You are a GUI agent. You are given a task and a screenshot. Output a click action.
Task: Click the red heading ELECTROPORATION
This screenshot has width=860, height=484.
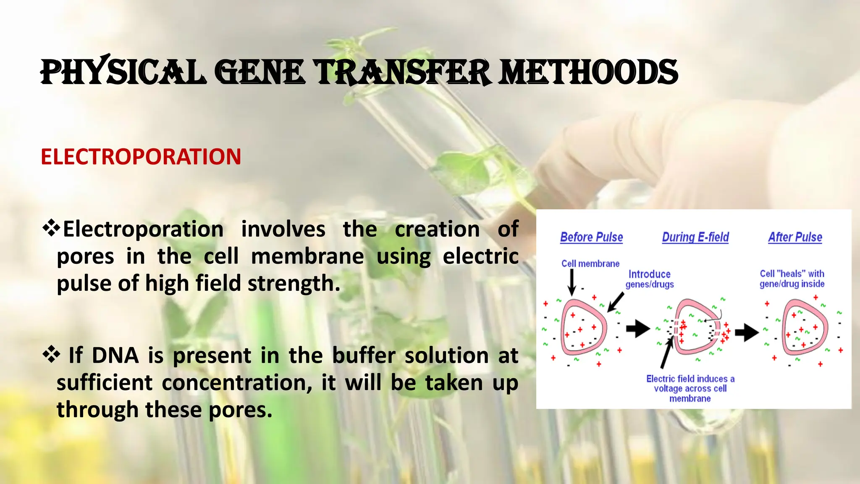[141, 157]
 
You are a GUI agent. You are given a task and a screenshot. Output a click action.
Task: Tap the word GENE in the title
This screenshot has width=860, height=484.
[260, 72]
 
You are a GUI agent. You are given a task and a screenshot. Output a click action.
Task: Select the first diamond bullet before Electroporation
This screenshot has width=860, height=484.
[51, 228]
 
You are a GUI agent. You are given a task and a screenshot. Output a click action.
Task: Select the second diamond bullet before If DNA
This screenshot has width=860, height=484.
[51, 354]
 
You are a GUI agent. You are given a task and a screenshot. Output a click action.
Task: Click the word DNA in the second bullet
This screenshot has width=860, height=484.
[115, 355]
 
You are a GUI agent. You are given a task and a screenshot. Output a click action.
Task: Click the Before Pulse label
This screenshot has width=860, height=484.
[591, 237]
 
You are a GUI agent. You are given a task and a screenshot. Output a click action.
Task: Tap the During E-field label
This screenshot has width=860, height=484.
[695, 237]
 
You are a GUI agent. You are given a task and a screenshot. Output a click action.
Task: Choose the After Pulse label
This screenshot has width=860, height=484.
[795, 237]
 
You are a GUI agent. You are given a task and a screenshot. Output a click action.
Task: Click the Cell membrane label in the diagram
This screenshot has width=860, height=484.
[590, 263]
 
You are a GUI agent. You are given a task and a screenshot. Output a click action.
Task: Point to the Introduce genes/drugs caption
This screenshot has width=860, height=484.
[649, 279]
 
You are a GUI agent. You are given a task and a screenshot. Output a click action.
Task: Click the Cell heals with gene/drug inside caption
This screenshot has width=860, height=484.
[792, 279]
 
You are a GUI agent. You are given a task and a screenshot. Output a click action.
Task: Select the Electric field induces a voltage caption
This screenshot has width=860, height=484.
[690, 388]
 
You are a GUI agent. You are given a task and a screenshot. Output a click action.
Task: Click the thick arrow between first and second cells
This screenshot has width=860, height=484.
[637, 329]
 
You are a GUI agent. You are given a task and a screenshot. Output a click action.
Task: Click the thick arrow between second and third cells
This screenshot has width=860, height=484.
[746, 332]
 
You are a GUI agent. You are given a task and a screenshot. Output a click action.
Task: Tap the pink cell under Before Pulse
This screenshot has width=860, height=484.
[584, 327]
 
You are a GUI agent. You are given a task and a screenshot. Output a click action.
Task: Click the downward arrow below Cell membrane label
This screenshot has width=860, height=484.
[572, 282]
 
